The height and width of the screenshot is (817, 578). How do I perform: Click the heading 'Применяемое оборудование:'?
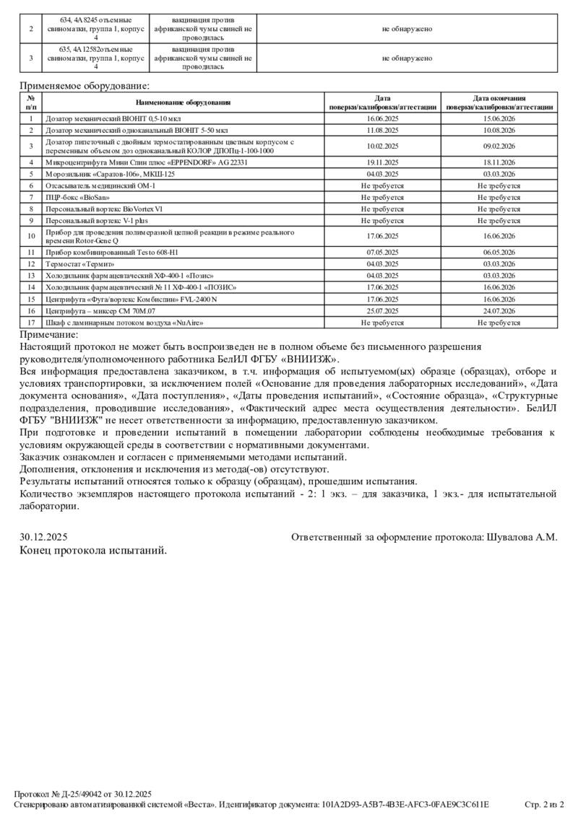[x=85, y=86]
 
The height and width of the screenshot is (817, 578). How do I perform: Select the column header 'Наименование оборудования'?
[x=183, y=102]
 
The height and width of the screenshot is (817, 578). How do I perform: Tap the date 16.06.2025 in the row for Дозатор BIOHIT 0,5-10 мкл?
[x=383, y=118]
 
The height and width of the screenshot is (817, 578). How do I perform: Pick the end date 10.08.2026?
[x=499, y=130]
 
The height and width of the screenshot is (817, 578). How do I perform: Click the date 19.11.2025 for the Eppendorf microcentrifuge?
[x=383, y=162]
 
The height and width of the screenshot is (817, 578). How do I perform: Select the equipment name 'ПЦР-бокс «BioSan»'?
[x=78, y=197]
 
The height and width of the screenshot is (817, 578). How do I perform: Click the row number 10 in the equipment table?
[x=31, y=236]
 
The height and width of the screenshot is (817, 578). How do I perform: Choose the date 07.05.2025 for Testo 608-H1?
[x=383, y=252]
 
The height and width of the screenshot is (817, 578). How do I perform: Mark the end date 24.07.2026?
[x=499, y=310]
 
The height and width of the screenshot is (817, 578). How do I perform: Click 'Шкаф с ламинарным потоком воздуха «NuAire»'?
[x=124, y=323]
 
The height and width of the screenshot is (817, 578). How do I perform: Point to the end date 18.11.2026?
[x=499, y=162]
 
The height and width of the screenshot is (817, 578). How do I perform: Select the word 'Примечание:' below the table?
[x=49, y=334]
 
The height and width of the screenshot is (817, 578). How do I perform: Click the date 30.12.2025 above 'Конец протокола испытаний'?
[x=43, y=537]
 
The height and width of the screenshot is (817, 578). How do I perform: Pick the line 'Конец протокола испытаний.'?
[x=93, y=551]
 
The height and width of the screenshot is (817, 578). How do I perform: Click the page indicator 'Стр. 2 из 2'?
[x=543, y=804]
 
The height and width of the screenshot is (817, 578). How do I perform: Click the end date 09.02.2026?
[x=499, y=146]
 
